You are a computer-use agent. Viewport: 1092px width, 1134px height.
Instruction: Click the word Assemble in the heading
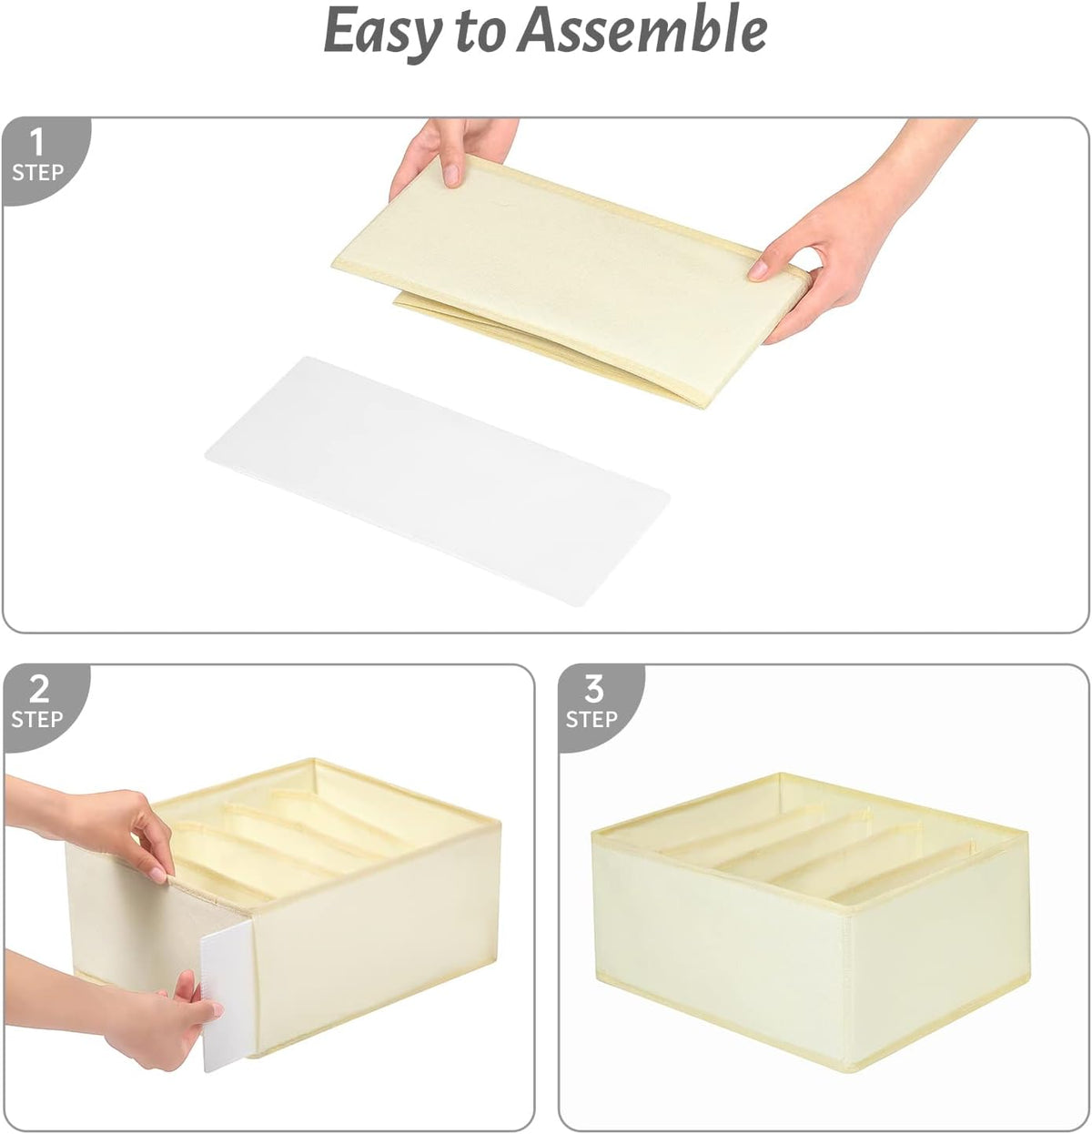(642, 28)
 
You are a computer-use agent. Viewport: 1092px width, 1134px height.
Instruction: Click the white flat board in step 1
(437, 481)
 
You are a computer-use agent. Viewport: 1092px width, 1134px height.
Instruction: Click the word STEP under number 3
(591, 720)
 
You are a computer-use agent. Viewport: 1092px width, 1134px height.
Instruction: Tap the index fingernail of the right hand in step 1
(758, 269)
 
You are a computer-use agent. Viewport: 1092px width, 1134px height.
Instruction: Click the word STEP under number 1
(38, 173)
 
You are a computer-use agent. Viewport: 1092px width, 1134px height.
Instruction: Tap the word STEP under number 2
(36, 720)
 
